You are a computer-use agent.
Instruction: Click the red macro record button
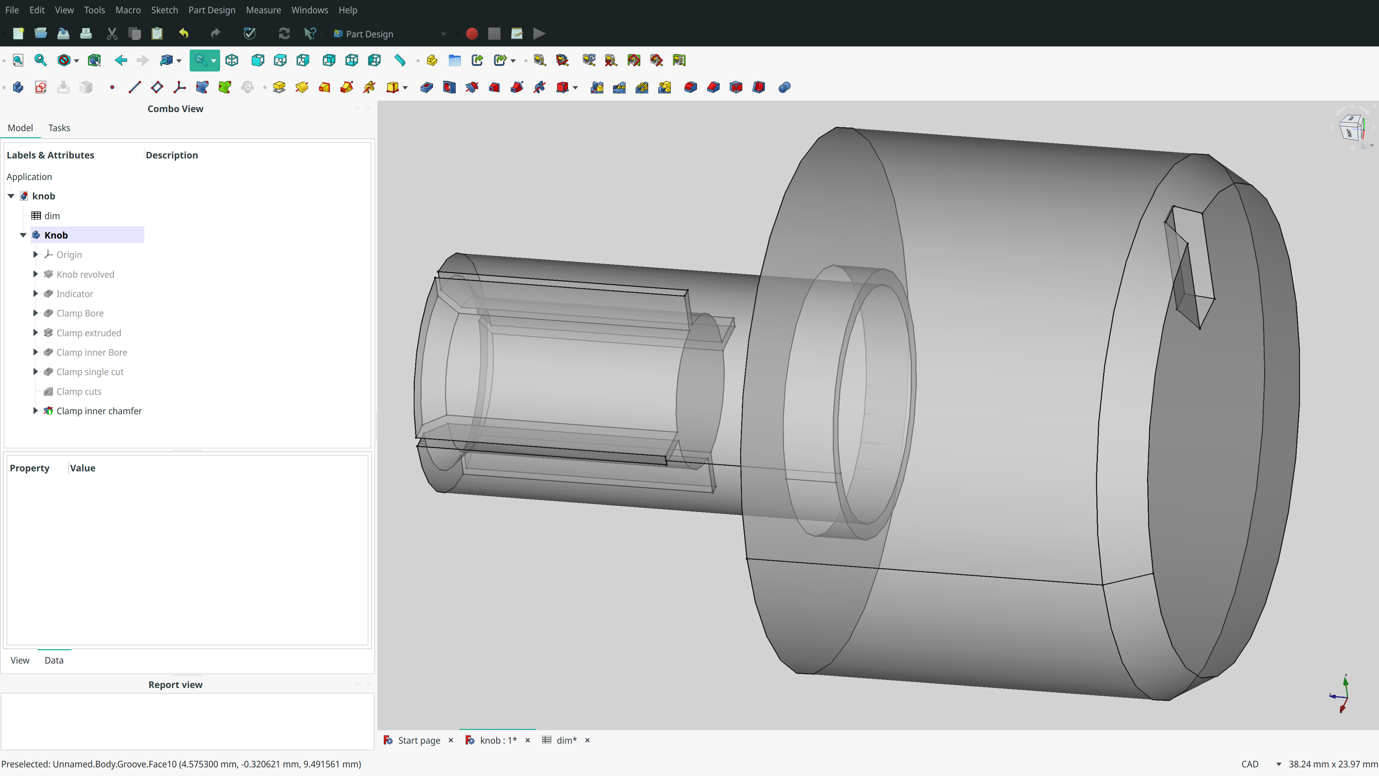click(x=472, y=34)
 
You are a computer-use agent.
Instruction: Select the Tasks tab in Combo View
click(x=59, y=128)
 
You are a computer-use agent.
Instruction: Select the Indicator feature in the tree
click(x=74, y=294)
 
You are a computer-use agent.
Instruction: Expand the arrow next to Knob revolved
click(x=35, y=274)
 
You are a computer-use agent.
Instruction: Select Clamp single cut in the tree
click(x=90, y=372)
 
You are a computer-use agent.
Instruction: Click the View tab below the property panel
click(x=20, y=660)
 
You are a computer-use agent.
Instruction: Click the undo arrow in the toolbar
click(x=184, y=34)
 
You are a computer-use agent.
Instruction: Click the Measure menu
click(x=263, y=10)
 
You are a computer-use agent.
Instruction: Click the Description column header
click(x=171, y=155)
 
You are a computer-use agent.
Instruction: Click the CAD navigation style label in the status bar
click(x=1249, y=764)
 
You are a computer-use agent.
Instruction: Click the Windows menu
click(x=310, y=10)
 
